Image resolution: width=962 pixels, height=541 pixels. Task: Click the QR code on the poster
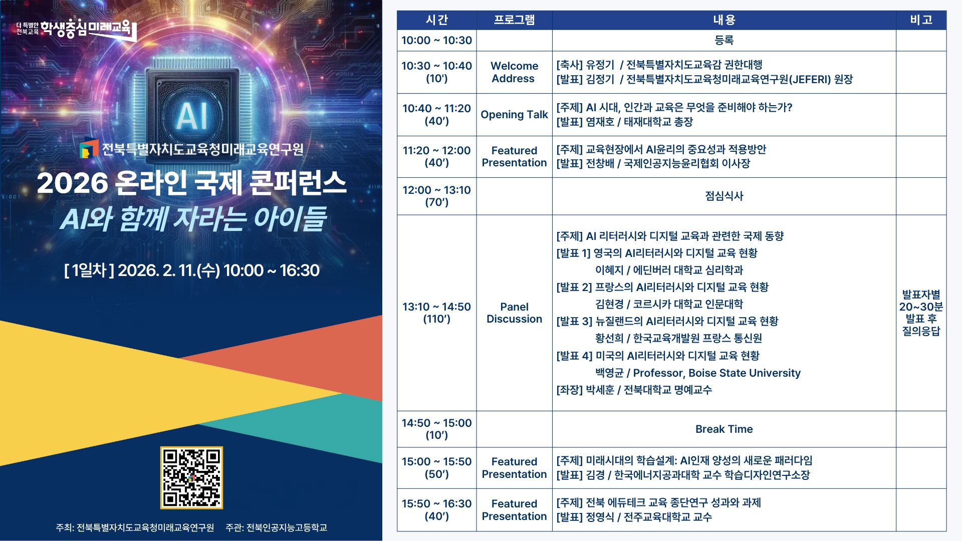click(x=191, y=477)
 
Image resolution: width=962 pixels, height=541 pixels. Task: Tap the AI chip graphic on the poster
click(x=192, y=115)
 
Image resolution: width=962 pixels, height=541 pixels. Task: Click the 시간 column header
click(x=436, y=20)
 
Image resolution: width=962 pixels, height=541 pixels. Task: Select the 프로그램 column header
click(x=514, y=20)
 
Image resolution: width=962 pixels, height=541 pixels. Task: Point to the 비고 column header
click(x=921, y=20)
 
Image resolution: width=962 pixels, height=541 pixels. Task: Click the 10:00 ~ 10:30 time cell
click(x=436, y=41)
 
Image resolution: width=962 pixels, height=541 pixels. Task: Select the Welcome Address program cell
click(x=514, y=72)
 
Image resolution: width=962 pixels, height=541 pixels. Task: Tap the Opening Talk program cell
click(x=514, y=115)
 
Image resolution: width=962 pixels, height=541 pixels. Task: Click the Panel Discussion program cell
click(x=514, y=313)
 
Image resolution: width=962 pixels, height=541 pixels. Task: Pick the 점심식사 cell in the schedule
click(x=724, y=196)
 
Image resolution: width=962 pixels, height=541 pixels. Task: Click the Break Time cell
click(x=724, y=429)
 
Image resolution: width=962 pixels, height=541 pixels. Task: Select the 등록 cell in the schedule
click(x=724, y=41)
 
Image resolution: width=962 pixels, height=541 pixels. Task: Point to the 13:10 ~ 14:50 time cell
click(x=436, y=313)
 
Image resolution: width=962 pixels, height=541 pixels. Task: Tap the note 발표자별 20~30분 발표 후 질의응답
click(x=921, y=313)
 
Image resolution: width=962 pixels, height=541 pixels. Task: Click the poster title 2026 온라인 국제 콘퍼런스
click(x=191, y=183)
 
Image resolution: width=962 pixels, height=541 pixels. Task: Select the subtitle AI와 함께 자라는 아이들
click(x=193, y=219)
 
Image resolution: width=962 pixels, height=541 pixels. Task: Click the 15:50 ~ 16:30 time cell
click(x=436, y=509)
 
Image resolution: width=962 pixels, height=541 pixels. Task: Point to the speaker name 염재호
click(x=600, y=122)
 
